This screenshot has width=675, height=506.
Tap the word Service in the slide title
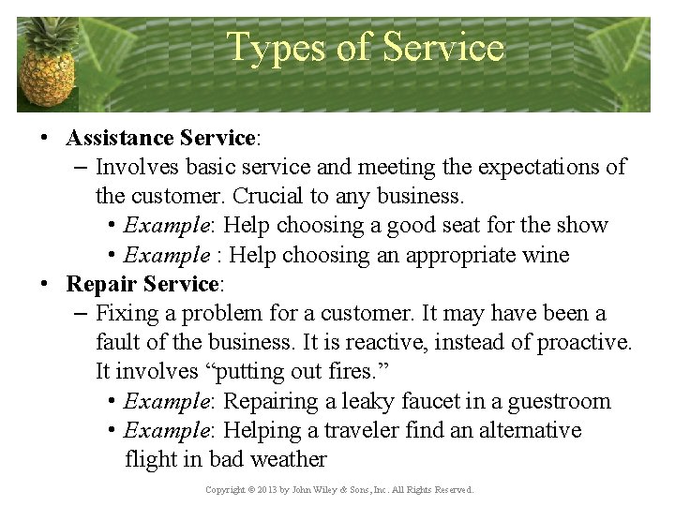(442, 46)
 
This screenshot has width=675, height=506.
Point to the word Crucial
(267, 197)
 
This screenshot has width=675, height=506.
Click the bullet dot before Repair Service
(44, 284)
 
